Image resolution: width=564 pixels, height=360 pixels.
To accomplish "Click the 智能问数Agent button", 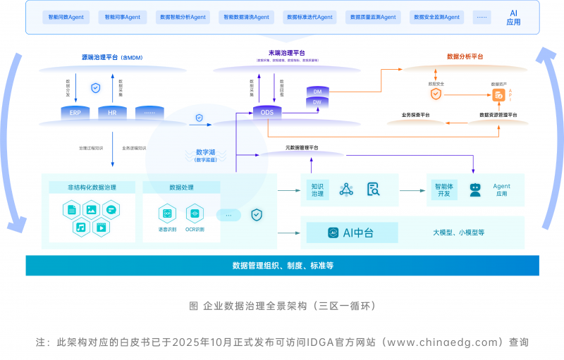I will tap(64, 17).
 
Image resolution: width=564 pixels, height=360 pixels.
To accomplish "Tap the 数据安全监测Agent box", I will tap(436, 17).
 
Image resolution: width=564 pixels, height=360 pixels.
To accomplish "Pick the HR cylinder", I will tap(112, 113).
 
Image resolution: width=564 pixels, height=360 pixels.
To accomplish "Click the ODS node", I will tap(267, 113).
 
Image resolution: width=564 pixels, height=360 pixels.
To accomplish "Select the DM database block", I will tap(317, 92).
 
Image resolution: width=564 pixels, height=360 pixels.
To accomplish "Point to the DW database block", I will tap(317, 103).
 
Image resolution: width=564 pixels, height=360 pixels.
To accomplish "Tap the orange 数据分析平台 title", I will tap(465, 56).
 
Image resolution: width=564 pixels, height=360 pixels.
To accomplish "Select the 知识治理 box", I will tap(317, 189).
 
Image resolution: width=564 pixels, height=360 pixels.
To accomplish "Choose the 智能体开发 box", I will tap(444, 189).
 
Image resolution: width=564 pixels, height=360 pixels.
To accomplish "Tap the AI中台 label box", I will tap(352, 232).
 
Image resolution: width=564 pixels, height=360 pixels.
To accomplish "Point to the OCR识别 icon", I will tap(195, 213).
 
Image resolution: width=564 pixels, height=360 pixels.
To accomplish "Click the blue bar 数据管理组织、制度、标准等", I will tap(282, 266).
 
